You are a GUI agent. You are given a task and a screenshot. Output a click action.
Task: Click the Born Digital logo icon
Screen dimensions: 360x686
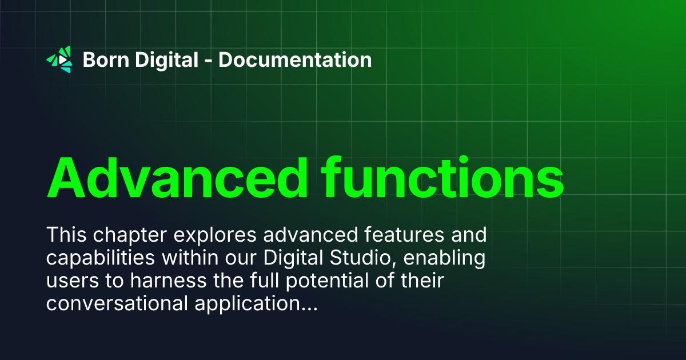click(x=59, y=59)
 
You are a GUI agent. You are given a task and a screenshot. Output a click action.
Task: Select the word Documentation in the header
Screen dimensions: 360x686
click(x=295, y=59)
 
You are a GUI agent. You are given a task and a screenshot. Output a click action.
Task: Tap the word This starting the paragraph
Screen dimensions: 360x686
click(x=65, y=234)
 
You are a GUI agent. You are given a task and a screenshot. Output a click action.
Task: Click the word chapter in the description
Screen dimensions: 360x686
click(x=123, y=235)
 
